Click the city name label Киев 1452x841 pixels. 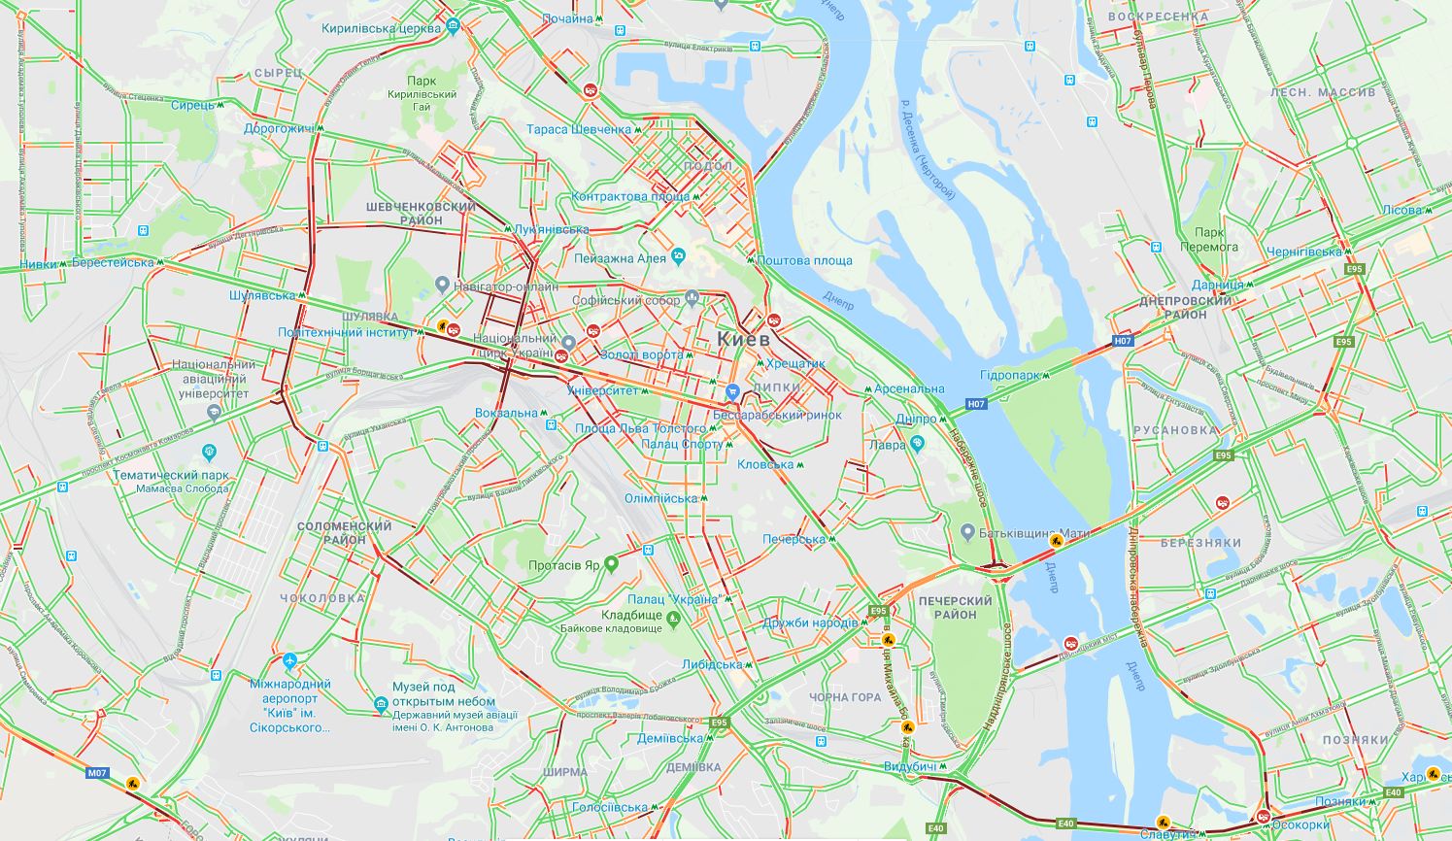coord(743,339)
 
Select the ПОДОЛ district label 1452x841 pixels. coord(707,166)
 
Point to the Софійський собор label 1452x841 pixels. coord(626,300)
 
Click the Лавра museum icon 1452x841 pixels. coord(918,444)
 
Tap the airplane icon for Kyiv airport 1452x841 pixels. coord(289,661)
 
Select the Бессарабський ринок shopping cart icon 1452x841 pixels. coord(732,392)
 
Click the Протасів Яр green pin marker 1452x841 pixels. coord(611,563)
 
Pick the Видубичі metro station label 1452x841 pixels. coord(910,767)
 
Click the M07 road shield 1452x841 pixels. coord(98,774)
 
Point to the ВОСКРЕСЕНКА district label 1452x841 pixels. coord(1144,17)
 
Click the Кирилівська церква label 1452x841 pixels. coord(382,28)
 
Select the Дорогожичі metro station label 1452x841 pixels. coord(278,128)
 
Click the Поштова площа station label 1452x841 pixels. coord(804,260)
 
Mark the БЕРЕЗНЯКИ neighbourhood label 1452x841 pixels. coord(1200,543)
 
